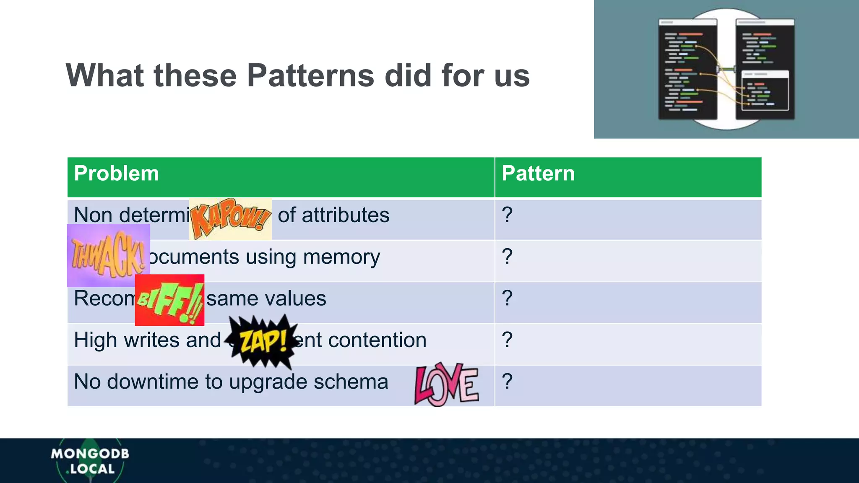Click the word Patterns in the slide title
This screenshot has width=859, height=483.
310,75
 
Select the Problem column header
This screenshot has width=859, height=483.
116,174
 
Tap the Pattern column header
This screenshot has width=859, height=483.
538,174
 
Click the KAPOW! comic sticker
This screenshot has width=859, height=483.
230,219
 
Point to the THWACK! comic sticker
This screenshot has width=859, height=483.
108,256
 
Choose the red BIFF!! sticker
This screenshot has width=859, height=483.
169,300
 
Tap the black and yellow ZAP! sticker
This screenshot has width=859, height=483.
263,340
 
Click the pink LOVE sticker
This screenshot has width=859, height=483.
446,384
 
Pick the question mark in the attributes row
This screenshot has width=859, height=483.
507,215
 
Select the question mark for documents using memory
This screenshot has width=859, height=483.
507,257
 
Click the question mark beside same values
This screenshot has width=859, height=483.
507,298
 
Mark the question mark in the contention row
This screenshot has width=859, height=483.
507,340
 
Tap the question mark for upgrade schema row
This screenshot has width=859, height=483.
507,382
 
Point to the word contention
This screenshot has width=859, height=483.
377,340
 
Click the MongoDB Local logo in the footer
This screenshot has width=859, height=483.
90,461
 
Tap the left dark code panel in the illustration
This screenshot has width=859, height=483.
687,69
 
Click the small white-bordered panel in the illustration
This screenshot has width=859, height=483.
765,91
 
